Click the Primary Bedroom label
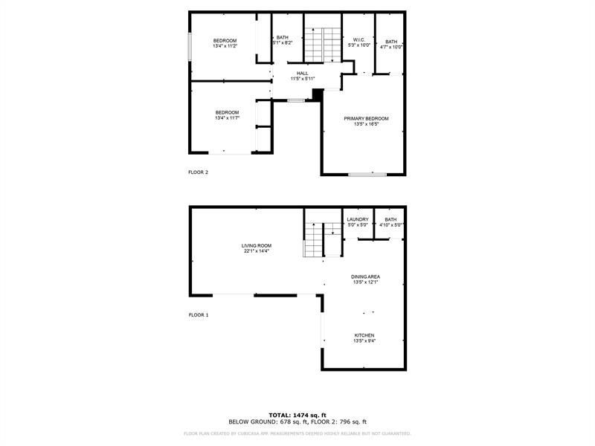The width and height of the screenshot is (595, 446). pos(366,119)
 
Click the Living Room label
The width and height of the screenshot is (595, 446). pos(256,246)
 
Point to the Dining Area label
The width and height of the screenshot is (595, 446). pos(366,277)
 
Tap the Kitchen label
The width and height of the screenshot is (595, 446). pos(364,336)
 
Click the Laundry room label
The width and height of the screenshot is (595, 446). pos(358,219)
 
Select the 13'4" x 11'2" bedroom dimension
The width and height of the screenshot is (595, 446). pos(225,46)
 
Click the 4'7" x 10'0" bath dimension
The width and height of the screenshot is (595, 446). pos(391,47)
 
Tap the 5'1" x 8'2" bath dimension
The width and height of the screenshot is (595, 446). pos(283,43)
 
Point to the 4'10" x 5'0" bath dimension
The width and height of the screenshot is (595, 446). pos(391,225)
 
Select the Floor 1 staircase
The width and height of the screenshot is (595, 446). pos(315,239)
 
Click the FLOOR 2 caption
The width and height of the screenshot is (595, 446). pos(198,172)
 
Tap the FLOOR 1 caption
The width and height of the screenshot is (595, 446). pos(198,315)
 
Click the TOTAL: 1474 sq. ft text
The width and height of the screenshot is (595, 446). pos(297,415)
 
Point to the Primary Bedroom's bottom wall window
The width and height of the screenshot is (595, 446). pos(367,175)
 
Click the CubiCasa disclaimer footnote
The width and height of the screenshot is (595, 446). pos(297,433)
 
